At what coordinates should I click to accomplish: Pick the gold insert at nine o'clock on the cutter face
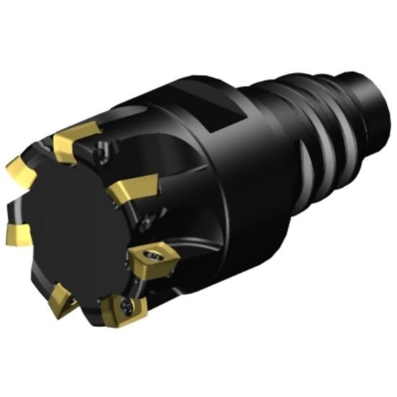point(18,232)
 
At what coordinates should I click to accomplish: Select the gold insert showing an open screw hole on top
point(153,258)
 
